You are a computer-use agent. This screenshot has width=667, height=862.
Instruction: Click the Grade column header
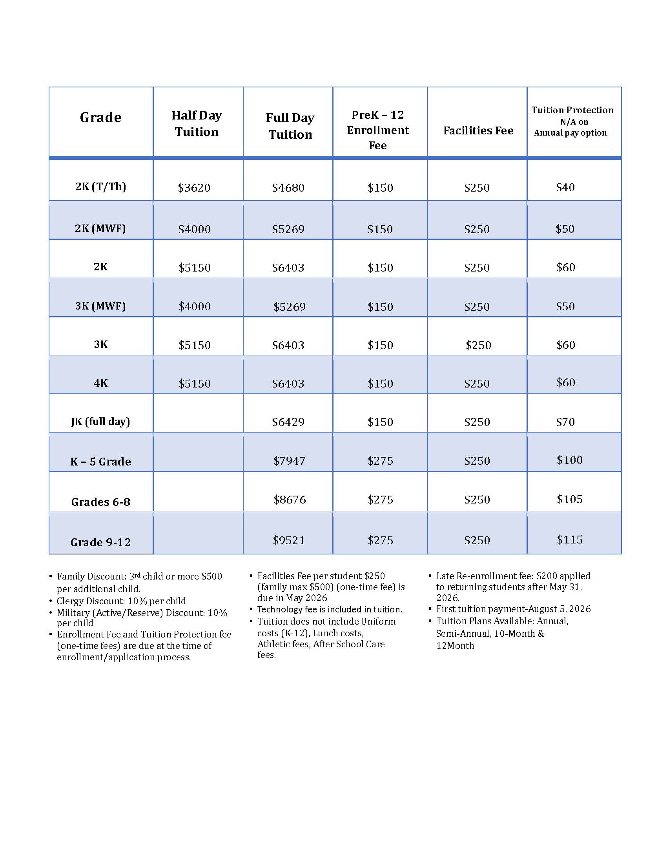pyautogui.click(x=100, y=118)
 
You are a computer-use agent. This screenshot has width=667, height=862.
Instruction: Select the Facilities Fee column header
pyautogui.click(x=478, y=130)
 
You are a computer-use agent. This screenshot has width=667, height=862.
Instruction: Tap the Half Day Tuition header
pyautogui.click(x=197, y=123)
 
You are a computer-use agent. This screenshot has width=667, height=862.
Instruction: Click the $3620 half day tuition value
pyautogui.click(x=194, y=187)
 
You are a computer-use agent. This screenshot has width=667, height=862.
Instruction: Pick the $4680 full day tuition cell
pyautogui.click(x=288, y=187)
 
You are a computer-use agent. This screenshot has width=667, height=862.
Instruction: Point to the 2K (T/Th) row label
pyautogui.click(x=100, y=186)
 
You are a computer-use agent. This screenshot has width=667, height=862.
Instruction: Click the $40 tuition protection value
pyautogui.click(x=565, y=187)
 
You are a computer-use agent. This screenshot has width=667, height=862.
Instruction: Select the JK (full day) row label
pyautogui.click(x=100, y=422)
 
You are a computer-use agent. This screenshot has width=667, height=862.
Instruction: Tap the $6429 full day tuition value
pyautogui.click(x=288, y=422)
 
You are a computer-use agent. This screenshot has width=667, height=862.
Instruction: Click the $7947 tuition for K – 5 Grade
pyautogui.click(x=289, y=461)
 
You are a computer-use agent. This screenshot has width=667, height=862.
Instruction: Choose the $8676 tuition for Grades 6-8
pyautogui.click(x=290, y=500)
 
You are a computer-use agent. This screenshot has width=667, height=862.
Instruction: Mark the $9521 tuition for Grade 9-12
pyautogui.click(x=289, y=540)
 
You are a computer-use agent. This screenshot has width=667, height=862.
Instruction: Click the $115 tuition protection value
pyautogui.click(x=569, y=540)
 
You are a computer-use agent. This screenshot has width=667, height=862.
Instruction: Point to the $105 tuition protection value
pyautogui.click(x=569, y=499)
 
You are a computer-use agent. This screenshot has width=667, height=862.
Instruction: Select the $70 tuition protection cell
pyautogui.click(x=565, y=422)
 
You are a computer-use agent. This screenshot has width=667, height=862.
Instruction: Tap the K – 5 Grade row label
pyautogui.click(x=100, y=462)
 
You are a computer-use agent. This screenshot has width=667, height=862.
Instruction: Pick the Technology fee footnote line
pyautogui.click(x=330, y=609)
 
